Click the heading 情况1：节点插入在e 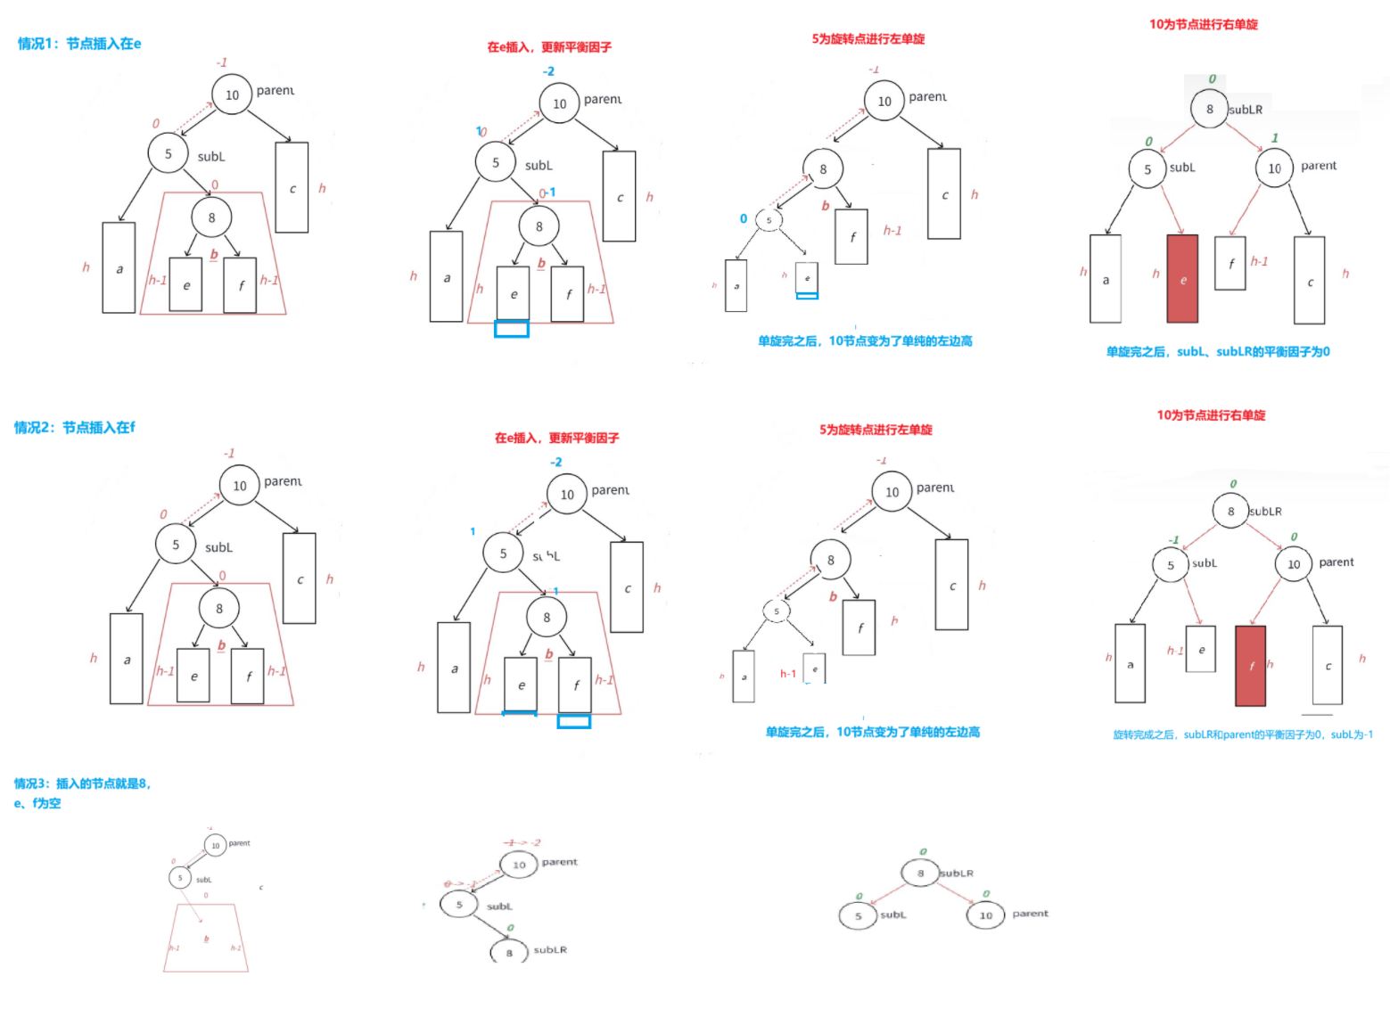coord(79,44)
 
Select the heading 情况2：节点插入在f coord(75,428)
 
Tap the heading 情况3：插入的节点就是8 coord(82,783)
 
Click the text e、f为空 coord(37,803)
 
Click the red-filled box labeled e coord(1182,279)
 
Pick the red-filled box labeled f coord(1250,665)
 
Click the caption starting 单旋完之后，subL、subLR coord(1217,352)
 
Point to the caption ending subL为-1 coord(1242,734)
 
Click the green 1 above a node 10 coord(1275,138)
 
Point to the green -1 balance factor coord(1173,540)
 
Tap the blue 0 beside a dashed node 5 coord(744,218)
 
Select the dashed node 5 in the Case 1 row coord(769,219)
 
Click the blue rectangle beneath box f coord(573,721)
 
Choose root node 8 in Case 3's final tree coord(920,873)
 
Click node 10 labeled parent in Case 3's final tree coord(986,915)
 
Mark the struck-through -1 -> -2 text coord(522,842)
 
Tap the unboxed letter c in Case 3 coord(261,888)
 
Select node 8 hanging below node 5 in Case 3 coord(509,952)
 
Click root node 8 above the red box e coord(1209,109)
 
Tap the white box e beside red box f coord(1200,650)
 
